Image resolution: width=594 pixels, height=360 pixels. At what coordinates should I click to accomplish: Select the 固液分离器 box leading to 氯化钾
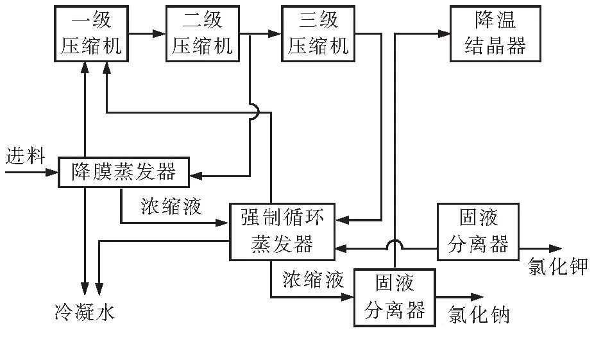(x=478, y=232)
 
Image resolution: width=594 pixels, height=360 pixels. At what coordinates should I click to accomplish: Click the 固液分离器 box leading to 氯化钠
(x=395, y=297)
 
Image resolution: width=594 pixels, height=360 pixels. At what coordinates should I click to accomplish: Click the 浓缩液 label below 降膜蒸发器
(x=171, y=207)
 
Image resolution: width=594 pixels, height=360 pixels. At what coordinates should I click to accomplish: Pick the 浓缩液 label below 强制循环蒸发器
(x=313, y=279)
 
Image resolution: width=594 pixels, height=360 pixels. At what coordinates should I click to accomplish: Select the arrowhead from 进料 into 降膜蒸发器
(x=52, y=172)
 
